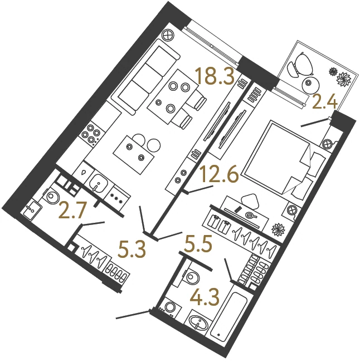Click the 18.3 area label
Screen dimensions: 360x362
tap(215, 75)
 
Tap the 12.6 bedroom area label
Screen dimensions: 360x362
tap(219, 174)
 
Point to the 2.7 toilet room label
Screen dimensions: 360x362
tap(72, 211)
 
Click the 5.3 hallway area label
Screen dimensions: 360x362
tap(132, 250)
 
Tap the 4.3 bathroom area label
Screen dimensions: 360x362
tap(205, 297)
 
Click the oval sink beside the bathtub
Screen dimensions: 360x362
tap(199, 321)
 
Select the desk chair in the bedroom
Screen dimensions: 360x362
tap(249, 201)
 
